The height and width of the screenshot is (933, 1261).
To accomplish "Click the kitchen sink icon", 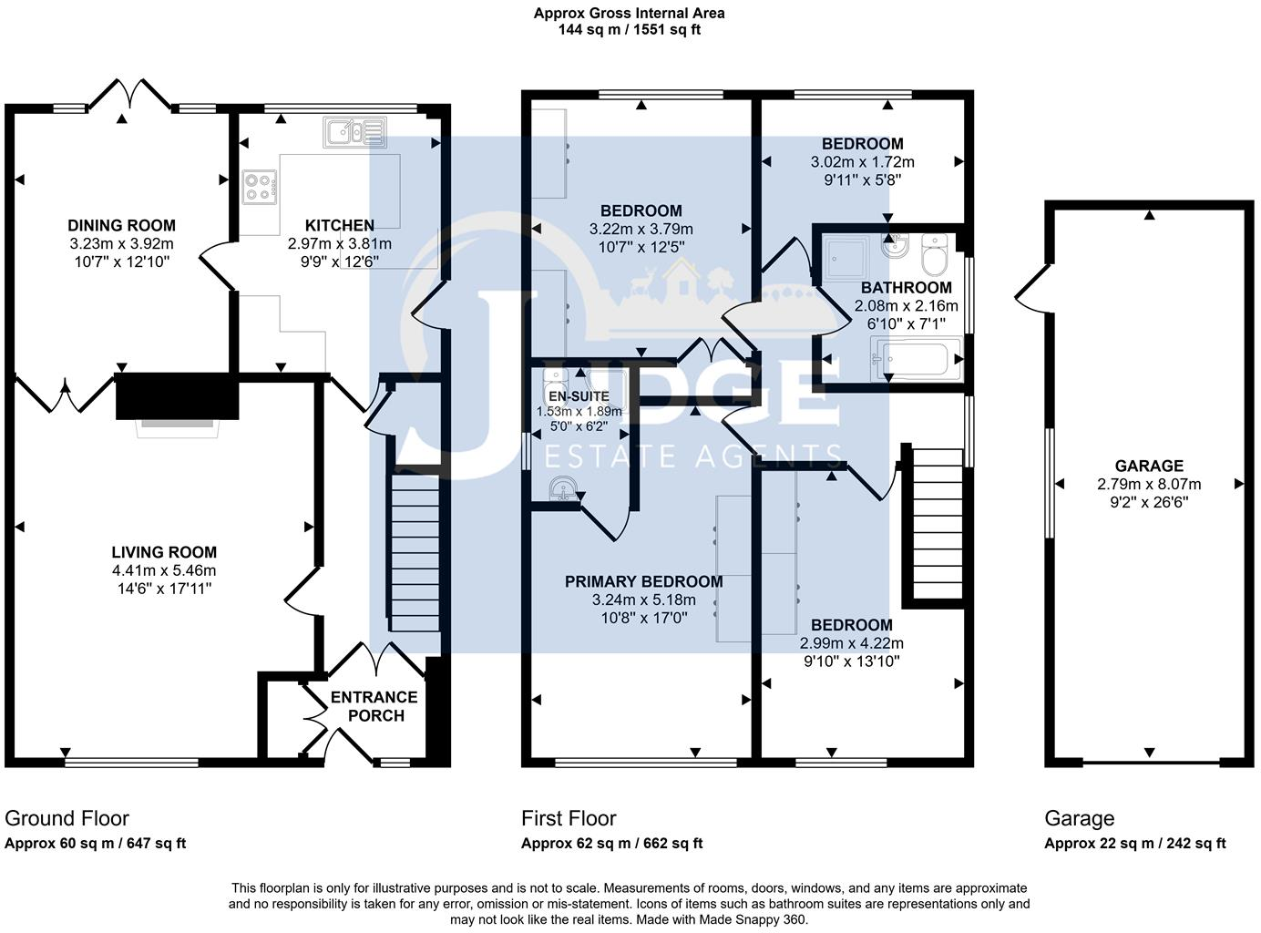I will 354,132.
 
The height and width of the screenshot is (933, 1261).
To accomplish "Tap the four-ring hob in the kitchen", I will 260,187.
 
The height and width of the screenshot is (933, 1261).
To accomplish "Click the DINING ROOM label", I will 121,225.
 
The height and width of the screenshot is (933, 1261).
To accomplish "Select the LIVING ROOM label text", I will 164,551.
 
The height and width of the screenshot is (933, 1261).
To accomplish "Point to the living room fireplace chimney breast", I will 177,395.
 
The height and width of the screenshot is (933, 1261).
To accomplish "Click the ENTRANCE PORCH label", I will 374,706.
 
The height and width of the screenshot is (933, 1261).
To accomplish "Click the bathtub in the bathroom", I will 916,358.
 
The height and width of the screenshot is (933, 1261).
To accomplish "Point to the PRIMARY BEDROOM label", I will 643,581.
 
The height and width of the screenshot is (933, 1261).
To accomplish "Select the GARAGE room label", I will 1149,466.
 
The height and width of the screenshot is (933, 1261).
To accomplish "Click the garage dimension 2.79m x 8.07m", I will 1149,484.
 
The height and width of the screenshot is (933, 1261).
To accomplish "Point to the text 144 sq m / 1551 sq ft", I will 629,29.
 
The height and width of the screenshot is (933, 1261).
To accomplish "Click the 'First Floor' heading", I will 569,818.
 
